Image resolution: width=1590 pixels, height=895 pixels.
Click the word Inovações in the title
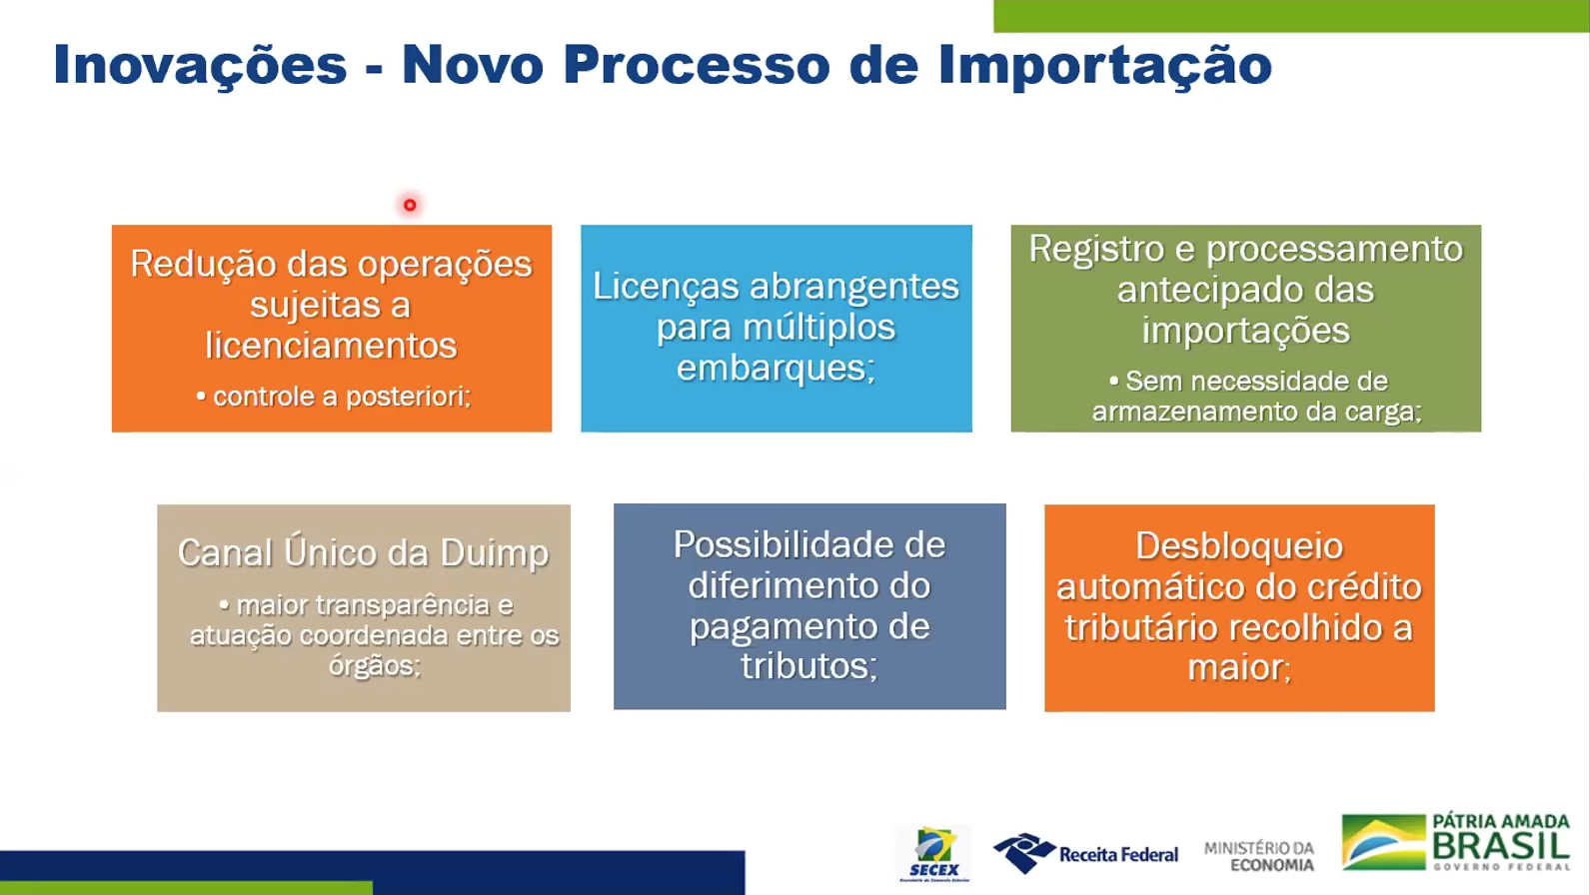pyautogui.click(x=200, y=65)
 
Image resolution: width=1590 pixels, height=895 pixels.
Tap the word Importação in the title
pyautogui.click(x=1104, y=65)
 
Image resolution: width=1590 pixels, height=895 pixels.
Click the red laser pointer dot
pyautogui.click(x=410, y=205)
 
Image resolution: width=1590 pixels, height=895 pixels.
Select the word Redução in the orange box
pyautogui.click(x=204, y=265)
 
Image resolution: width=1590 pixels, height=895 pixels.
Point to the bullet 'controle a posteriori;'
pyautogui.click(x=333, y=396)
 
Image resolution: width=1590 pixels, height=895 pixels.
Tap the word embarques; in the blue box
pyautogui.click(x=776, y=369)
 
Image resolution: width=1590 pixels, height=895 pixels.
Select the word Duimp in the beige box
pyautogui.click(x=494, y=553)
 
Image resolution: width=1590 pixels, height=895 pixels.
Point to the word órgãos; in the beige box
pyautogui.click(x=374, y=665)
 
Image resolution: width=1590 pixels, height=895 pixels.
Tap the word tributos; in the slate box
pyautogui.click(x=809, y=665)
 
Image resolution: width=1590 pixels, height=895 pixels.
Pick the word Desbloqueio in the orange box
pyautogui.click(x=1239, y=546)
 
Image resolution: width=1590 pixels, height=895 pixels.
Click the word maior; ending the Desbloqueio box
pyautogui.click(x=1239, y=668)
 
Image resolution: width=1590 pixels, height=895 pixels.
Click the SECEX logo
pyautogui.click(x=934, y=854)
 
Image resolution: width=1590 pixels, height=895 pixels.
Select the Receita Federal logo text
pyautogui.click(x=1118, y=854)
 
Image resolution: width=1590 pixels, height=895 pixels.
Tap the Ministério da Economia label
pyautogui.click(x=1259, y=856)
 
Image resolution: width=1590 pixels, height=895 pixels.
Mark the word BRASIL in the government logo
pyautogui.click(x=1501, y=845)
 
